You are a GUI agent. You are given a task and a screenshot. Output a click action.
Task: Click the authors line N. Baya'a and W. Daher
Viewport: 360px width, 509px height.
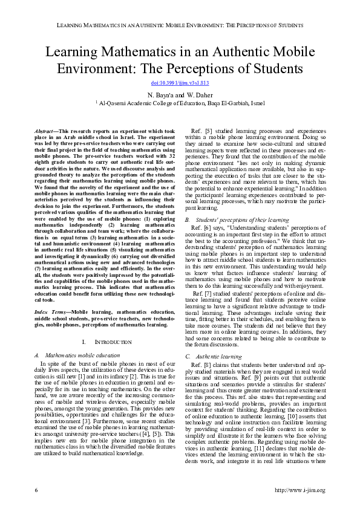click(180, 96)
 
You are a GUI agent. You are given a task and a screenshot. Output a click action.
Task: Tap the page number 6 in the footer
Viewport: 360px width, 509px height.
click(36, 488)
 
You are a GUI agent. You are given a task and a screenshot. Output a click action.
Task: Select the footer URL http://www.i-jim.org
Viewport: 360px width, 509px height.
click(299, 488)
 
